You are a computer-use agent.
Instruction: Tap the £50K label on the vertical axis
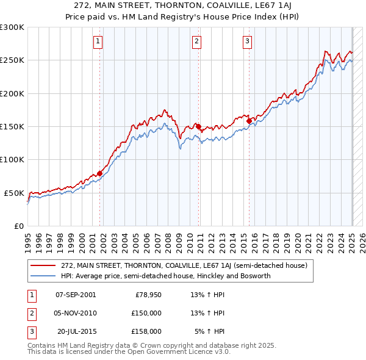[x=15, y=193]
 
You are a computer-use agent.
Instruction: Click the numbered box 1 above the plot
[x=98, y=41]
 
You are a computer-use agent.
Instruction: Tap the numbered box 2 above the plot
[x=197, y=41]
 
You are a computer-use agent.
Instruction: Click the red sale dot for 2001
[x=99, y=173]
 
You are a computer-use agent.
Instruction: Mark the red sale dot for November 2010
[x=198, y=126]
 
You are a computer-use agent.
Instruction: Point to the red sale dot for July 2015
[x=249, y=121]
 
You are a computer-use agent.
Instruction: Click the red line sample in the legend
[x=43, y=265]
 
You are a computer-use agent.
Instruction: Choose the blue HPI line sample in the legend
[x=43, y=276]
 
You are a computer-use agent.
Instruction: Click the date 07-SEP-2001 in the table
[x=76, y=295]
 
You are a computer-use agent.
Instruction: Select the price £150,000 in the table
[x=146, y=313]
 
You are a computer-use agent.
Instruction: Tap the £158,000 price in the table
[x=146, y=331]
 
